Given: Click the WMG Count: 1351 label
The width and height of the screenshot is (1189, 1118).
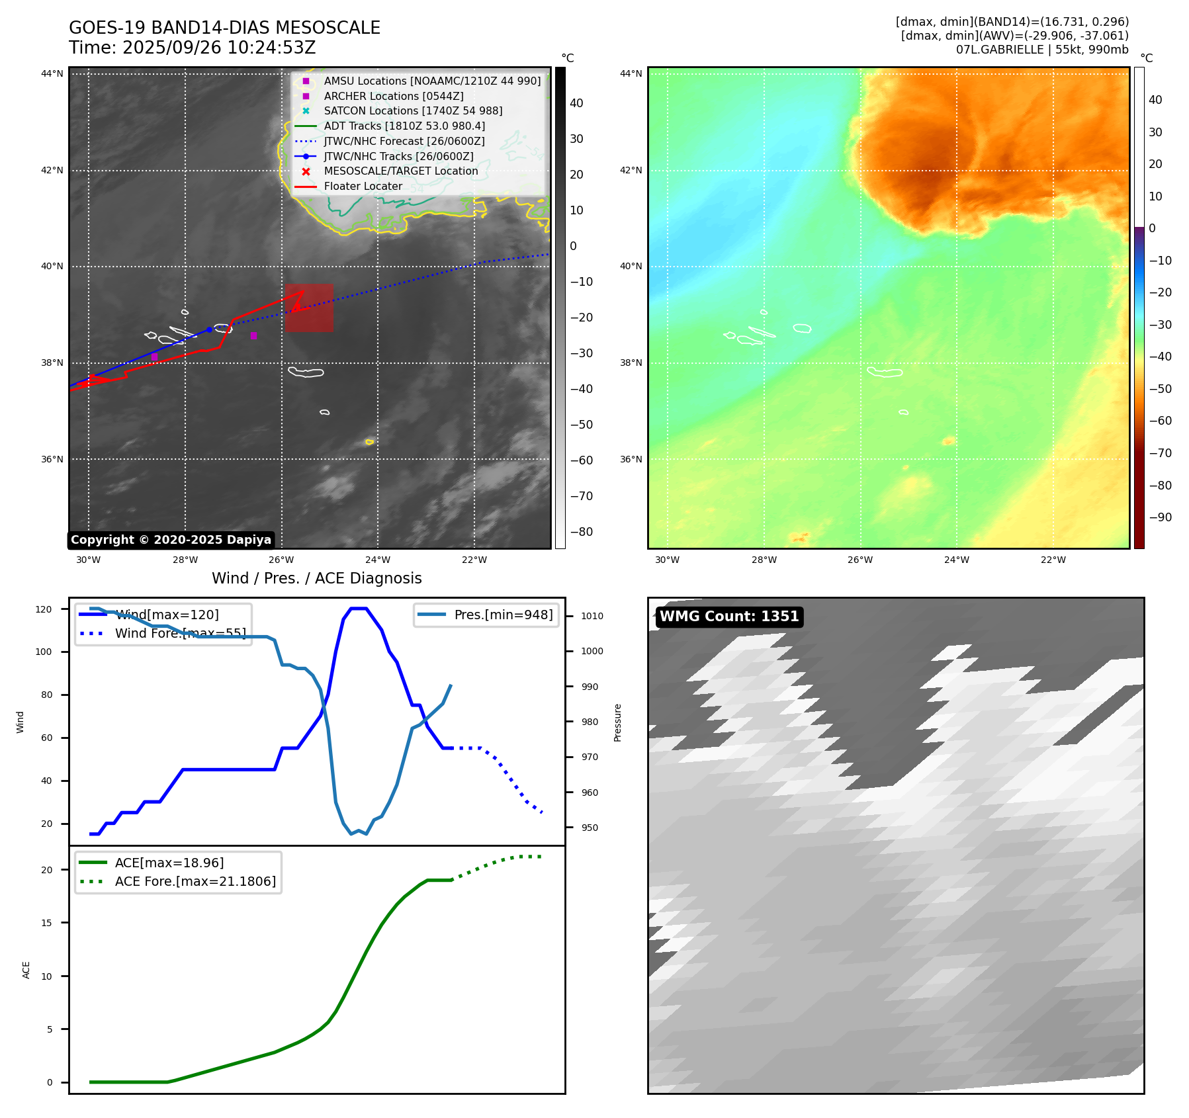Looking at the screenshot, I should (729, 617).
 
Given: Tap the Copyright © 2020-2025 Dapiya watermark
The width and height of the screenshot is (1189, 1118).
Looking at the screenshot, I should (171, 540).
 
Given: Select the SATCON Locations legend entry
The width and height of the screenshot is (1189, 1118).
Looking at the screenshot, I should (413, 111).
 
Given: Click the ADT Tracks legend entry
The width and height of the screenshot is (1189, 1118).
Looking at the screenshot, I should (404, 126).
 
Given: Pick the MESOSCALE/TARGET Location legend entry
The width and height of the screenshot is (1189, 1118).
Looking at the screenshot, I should (400, 171).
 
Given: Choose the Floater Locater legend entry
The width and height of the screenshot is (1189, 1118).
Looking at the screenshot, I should (363, 187).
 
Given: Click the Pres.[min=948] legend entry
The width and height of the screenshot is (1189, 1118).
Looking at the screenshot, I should (503, 615).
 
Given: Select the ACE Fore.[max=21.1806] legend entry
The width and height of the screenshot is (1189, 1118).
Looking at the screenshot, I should (195, 881).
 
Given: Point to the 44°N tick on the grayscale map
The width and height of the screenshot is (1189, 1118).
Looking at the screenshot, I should (52, 73).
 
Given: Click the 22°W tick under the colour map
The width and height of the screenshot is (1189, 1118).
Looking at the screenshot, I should (1053, 560).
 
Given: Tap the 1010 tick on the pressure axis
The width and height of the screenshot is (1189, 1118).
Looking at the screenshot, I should (592, 616).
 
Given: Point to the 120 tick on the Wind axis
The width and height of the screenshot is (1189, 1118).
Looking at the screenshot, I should (44, 609).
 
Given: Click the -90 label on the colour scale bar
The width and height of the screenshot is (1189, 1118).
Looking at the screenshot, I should (1160, 517).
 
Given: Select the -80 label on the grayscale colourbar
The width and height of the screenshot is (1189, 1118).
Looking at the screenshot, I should (582, 532).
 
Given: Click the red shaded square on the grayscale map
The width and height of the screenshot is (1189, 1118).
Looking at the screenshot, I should (310, 308).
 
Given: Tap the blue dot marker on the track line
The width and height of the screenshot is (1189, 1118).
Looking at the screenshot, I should (209, 329).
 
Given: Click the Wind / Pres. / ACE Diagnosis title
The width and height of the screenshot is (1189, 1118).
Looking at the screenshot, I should (316, 578).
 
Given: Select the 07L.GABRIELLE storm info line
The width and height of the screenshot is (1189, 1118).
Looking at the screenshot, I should (1042, 50).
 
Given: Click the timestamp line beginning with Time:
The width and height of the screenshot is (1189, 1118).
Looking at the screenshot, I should (192, 48).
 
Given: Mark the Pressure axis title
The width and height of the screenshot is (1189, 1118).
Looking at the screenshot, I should (618, 722).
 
